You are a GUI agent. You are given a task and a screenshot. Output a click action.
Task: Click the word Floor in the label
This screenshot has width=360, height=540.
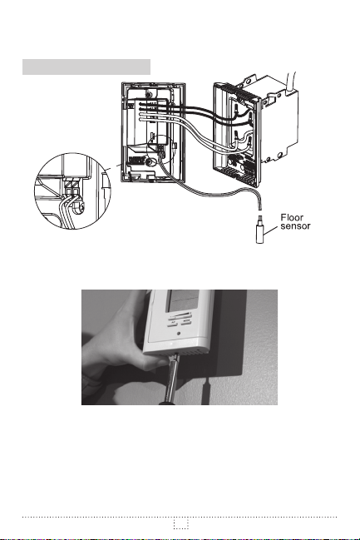pyautogui.click(x=292, y=218)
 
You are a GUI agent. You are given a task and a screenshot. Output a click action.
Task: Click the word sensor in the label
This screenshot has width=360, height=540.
pyautogui.click(x=295, y=226)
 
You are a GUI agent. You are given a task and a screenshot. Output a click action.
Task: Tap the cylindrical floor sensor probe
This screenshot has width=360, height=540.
pyautogui.click(x=260, y=234)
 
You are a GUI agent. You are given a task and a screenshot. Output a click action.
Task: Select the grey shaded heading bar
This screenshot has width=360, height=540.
pyautogui.click(x=86, y=67)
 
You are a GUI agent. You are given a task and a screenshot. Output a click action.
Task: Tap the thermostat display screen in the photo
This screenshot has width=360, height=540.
pyautogui.click(x=183, y=300)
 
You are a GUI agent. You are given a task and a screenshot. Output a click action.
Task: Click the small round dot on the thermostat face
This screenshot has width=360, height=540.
pyautogui.click(x=179, y=334)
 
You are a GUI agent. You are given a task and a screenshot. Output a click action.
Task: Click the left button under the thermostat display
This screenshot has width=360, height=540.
pyautogui.click(x=173, y=322)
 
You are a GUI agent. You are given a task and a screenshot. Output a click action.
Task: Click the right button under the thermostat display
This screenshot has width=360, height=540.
pyautogui.click(x=186, y=322)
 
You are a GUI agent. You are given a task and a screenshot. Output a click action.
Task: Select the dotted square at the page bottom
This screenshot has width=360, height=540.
pyautogui.click(x=181, y=524)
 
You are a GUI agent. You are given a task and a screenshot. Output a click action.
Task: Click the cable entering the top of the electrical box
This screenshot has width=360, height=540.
pyautogui.click(x=291, y=82)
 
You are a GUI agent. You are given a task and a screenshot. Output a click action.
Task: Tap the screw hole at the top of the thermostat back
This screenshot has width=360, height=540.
pyautogui.click(x=148, y=94)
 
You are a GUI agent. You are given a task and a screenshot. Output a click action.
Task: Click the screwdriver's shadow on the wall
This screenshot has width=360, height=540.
pyautogui.click(x=205, y=391)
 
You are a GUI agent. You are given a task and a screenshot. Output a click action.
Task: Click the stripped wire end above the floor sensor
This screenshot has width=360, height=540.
pyautogui.click(x=260, y=207)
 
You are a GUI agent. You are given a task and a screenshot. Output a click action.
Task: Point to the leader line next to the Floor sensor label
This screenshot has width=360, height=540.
pyautogui.click(x=271, y=232)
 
